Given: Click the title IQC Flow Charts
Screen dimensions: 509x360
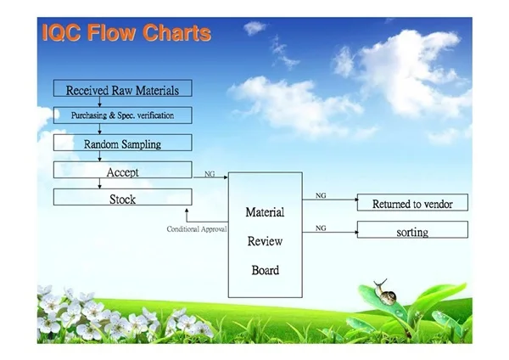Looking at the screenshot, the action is tap(126, 32).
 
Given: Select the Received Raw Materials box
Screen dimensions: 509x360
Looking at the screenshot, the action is tap(123, 88).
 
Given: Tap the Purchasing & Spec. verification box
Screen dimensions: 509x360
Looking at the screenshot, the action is tap(123, 115).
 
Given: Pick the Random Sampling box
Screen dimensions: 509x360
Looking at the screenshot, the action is tap(123, 143).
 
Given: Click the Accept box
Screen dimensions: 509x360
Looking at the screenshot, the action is tap(123, 170).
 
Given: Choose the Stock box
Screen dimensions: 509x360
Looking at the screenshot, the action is tap(123, 197).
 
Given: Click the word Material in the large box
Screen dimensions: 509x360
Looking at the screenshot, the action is tap(265, 212).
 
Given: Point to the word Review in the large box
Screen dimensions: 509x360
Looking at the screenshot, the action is tap(265, 241).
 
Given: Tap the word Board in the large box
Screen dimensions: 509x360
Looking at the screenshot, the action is tap(266, 270).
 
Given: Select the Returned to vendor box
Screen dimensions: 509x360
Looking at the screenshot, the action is tap(412, 202).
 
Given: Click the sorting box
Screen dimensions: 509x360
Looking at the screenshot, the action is tap(412, 230).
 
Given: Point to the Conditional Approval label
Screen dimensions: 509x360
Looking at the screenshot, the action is tap(197, 229).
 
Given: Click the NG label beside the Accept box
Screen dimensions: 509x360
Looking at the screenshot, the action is tap(210, 174).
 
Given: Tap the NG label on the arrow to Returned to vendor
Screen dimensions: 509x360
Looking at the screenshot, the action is tap(321, 195).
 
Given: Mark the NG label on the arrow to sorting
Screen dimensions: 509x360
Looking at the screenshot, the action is tap(321, 228).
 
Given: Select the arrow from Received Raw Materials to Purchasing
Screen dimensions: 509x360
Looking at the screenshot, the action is tap(99, 102).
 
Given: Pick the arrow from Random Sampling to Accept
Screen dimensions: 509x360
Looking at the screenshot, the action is tap(99, 156).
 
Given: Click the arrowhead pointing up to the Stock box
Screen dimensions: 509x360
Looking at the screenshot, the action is tap(187, 211).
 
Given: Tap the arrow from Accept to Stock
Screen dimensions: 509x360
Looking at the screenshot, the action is tap(99, 183).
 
